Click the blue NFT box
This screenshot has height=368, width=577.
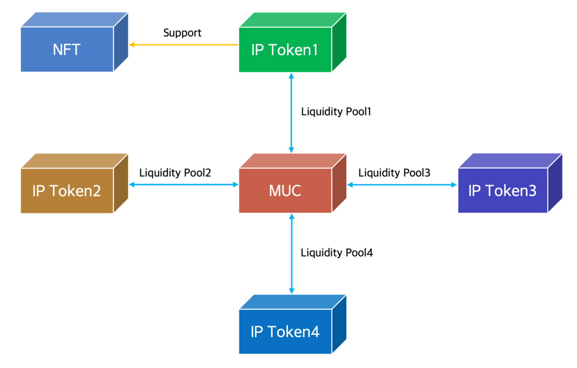pyautogui.click(x=67, y=49)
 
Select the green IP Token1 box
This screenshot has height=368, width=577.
pyautogui.click(x=285, y=50)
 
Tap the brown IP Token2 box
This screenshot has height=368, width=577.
pyautogui.click(x=67, y=190)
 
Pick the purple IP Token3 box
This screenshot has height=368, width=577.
pyautogui.click(x=503, y=190)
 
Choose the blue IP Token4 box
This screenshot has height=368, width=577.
pyautogui.click(x=285, y=331)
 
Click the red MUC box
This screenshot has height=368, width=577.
pyautogui.click(x=285, y=190)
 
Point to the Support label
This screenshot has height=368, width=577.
pyautogui.click(x=182, y=33)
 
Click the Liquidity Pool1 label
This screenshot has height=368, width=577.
pyautogui.click(x=336, y=111)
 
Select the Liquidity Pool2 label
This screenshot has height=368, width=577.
pyautogui.click(x=175, y=173)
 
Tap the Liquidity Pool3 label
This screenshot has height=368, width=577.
pyautogui.click(x=394, y=173)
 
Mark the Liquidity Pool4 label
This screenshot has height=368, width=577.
pyautogui.click(x=337, y=253)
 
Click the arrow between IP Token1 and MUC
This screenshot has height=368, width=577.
pyautogui.click(x=291, y=113)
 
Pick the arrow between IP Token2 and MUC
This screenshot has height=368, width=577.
pyautogui.click(x=184, y=185)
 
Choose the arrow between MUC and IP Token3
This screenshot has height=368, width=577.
pyautogui.click(x=402, y=185)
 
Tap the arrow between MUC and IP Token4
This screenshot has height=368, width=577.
pyautogui.click(x=292, y=254)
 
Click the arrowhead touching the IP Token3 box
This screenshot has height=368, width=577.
pyautogui.click(x=454, y=185)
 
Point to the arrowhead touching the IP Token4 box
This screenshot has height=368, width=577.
pyautogui.click(x=292, y=291)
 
